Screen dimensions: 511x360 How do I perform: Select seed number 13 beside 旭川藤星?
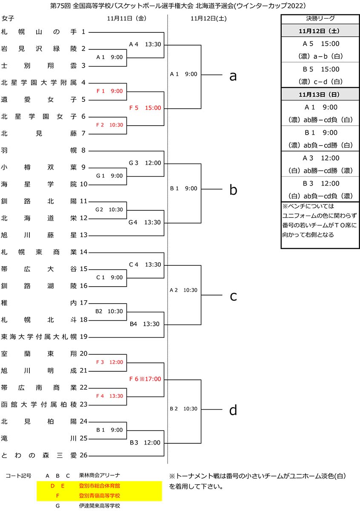pos(83,235)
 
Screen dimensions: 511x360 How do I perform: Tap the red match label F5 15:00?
pos(145,108)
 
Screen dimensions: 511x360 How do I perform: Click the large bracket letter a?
pos(233,76)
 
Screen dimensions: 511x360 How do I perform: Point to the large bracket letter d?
pos(233,410)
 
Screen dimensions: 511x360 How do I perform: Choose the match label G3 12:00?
pos(145,163)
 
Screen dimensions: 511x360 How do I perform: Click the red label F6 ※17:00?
pos(145,379)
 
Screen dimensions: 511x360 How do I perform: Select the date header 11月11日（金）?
pos(127,18)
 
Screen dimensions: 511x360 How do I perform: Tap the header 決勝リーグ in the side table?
pos(320,18)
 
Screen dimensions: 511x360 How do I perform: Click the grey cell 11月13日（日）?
pos(320,94)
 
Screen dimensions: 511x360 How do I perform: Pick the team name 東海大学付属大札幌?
pos(39,337)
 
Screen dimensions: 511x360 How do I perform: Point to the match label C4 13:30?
pos(145,264)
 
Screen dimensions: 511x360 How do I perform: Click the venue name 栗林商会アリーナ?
pos(100,475)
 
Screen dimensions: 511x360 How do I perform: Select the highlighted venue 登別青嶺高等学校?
pos(100,496)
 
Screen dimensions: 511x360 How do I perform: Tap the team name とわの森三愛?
pos(39,456)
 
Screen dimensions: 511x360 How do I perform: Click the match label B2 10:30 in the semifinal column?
pos(184,409)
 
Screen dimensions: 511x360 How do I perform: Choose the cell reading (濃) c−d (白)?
pos(320,81)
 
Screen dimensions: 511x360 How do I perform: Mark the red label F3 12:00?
pos(109,362)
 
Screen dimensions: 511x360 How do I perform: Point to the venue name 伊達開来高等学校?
pos(100,506)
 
